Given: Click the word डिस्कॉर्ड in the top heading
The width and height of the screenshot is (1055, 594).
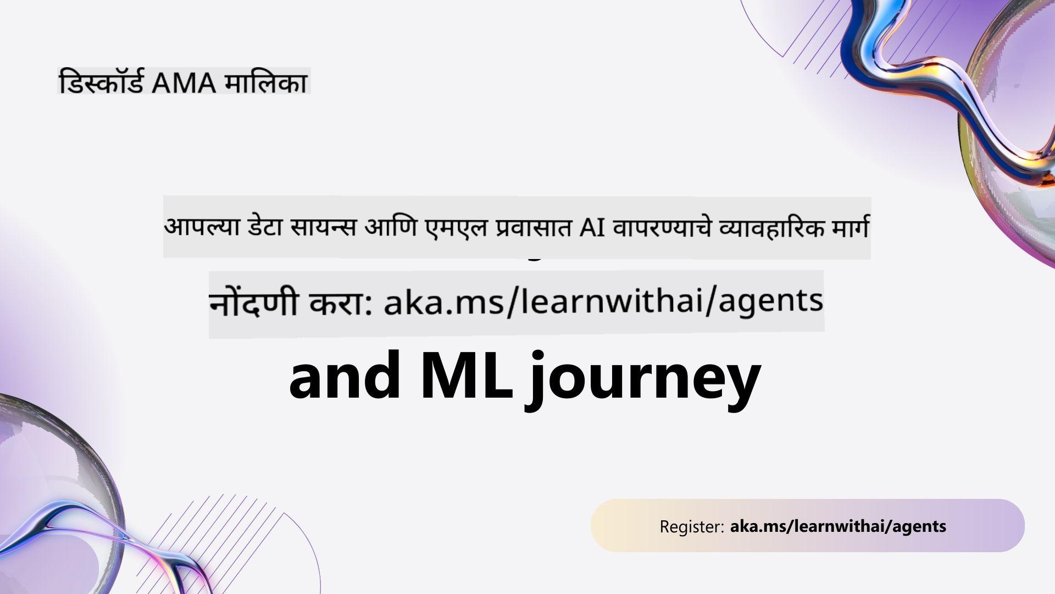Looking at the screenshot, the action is [102, 82].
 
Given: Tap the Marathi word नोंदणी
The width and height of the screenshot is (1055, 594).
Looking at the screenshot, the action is [254, 302].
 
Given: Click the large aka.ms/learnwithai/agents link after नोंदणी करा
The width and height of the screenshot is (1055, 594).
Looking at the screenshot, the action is [603, 302].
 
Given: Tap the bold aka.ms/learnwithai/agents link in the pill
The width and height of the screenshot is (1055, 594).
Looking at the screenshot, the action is [838, 526].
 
